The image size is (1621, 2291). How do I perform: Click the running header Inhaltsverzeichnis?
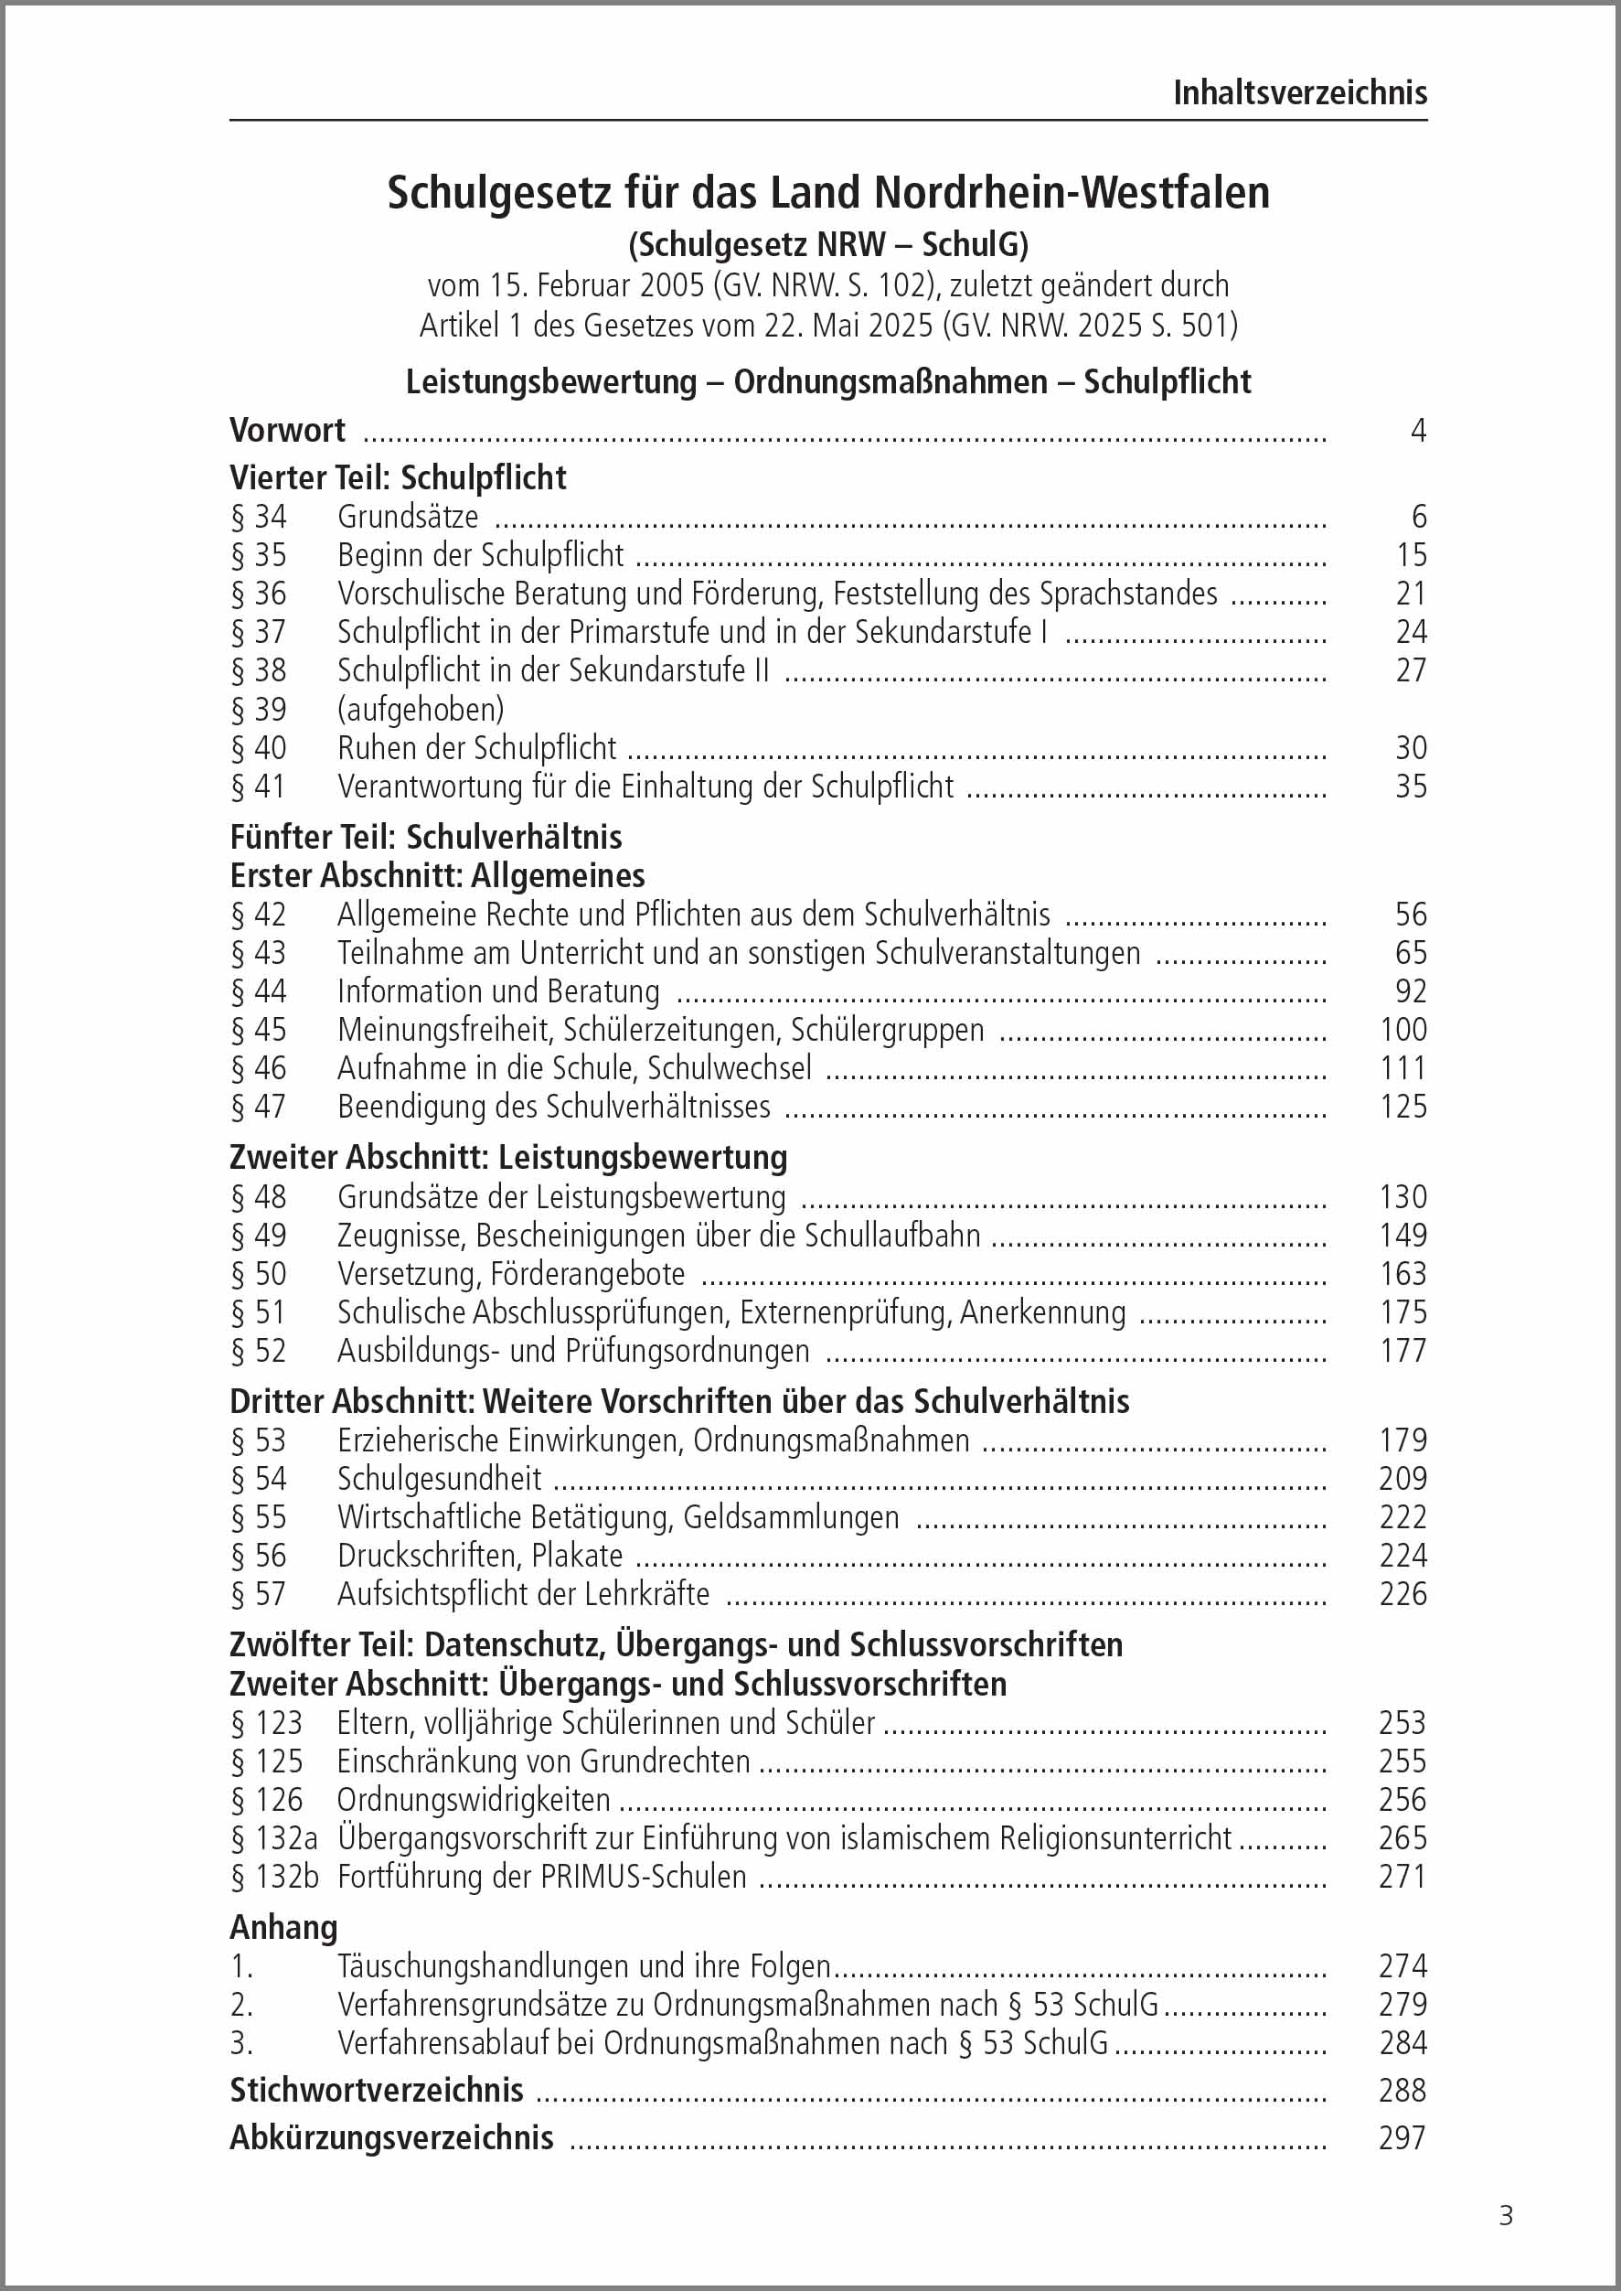(1298, 93)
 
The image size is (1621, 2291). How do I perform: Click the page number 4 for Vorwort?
(1417, 430)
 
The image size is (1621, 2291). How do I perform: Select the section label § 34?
(259, 516)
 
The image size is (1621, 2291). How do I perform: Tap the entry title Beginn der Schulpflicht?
(480, 554)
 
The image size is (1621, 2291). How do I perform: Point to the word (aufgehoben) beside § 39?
(421, 709)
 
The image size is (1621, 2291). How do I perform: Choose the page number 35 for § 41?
(1411, 787)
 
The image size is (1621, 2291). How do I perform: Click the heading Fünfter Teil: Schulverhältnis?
(425, 837)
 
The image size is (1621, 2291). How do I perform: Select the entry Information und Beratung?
(498, 991)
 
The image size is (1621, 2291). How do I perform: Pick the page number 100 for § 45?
(1402, 1029)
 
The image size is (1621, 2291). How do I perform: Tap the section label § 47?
(259, 1106)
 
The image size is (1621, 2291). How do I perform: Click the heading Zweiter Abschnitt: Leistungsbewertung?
(508, 1157)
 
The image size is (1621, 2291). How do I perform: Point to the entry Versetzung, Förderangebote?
(511, 1274)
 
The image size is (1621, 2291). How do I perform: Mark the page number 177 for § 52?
(1402, 1351)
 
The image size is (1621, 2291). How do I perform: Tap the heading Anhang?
(283, 1927)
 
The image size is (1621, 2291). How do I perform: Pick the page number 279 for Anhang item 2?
(1402, 2005)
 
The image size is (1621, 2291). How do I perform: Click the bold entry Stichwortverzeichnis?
(377, 2090)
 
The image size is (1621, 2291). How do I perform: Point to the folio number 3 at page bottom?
(1505, 2216)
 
